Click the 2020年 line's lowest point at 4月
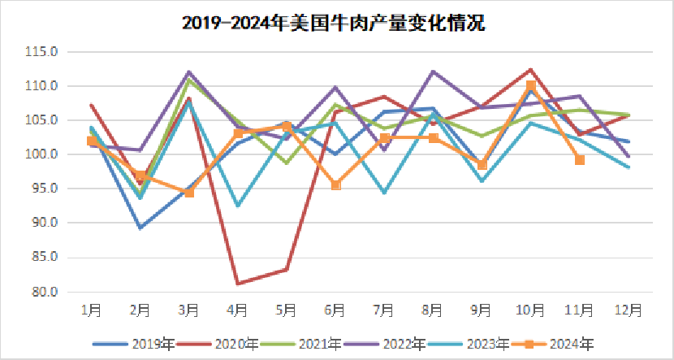238,284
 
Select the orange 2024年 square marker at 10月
531,85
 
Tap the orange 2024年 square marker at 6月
335,185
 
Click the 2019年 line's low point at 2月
140,228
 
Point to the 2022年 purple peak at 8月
434,71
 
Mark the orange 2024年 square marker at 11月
580,160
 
